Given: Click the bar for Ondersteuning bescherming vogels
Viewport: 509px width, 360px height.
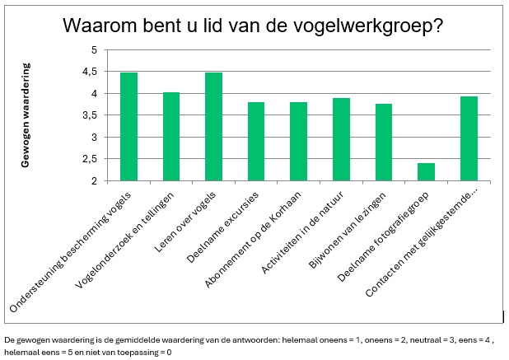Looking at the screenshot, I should [128, 126].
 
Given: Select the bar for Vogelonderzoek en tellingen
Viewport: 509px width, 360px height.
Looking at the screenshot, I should [171, 136].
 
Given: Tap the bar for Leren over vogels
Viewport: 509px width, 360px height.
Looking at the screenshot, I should [213, 126].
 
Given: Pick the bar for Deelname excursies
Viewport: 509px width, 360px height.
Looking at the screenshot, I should [256, 141].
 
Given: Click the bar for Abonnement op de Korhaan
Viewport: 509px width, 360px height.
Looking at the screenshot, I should [298, 141].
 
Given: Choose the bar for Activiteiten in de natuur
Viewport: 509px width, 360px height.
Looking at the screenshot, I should [341, 139].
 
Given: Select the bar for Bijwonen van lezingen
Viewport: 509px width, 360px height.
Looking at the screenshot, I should [383, 142].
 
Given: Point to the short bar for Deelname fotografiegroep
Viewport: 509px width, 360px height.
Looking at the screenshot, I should [426, 171].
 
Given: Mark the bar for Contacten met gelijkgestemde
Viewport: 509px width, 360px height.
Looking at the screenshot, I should [469, 138].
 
